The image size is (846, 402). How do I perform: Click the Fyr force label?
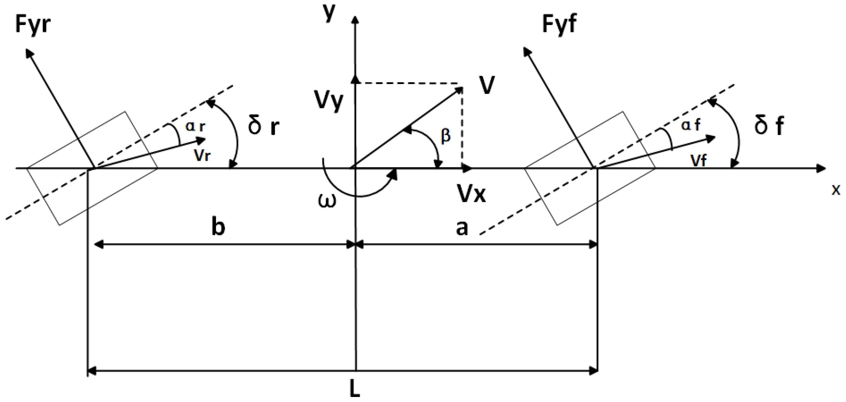tap(33, 27)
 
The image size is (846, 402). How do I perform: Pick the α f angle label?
tap(691, 125)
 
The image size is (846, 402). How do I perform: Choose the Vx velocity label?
tap(472, 195)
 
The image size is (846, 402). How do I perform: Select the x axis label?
tap(836, 190)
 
